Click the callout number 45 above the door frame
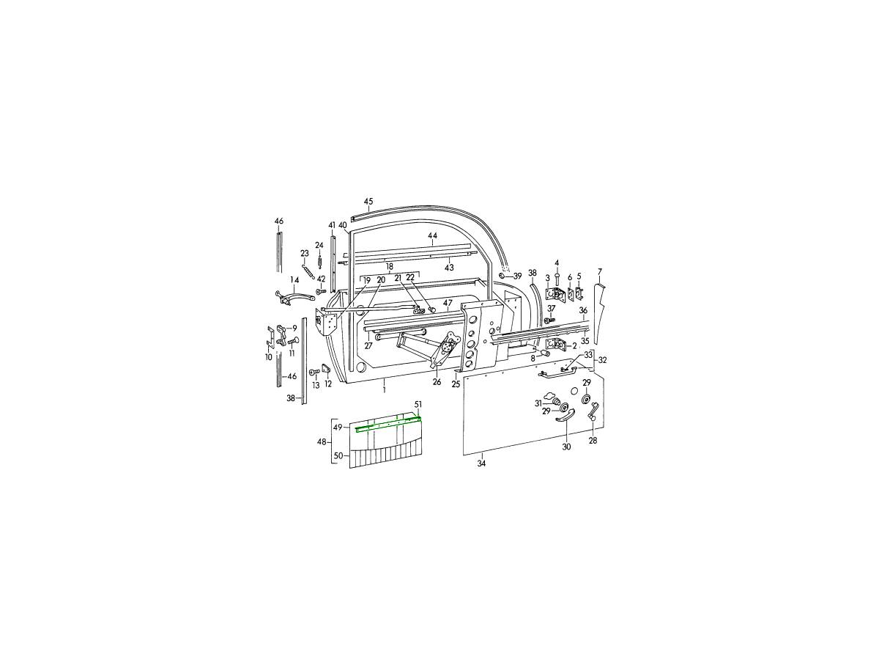point(368,202)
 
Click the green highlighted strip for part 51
point(388,424)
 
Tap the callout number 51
point(418,405)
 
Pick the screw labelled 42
point(320,291)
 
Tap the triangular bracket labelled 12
point(325,368)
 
